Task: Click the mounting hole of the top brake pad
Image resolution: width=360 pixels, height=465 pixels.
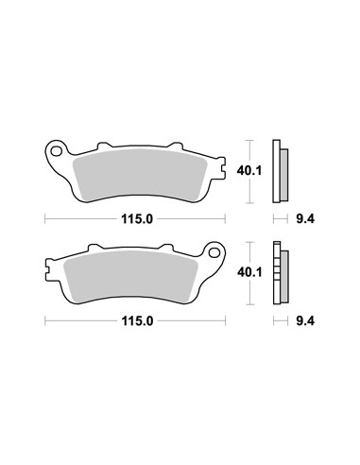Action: pyautogui.click(x=57, y=152)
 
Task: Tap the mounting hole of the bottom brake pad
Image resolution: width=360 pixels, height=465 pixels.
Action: pyautogui.click(x=214, y=252)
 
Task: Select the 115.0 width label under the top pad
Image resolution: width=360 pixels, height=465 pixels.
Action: pyautogui.click(x=137, y=218)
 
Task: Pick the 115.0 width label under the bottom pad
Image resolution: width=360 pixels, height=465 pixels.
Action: pyautogui.click(x=137, y=321)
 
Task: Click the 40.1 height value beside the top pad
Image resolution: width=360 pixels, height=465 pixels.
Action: pyautogui.click(x=249, y=171)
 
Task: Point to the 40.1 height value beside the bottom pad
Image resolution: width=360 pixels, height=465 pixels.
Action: pyautogui.click(x=249, y=272)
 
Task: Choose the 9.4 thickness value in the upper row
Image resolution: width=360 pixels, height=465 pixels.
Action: pyautogui.click(x=305, y=218)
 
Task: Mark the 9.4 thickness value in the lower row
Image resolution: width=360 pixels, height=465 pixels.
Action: pyautogui.click(x=305, y=321)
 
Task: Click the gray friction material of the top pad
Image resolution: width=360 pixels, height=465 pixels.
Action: pyautogui.click(x=140, y=175)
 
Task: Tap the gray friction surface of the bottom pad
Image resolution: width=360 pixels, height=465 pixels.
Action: pyautogui.click(x=130, y=277)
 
